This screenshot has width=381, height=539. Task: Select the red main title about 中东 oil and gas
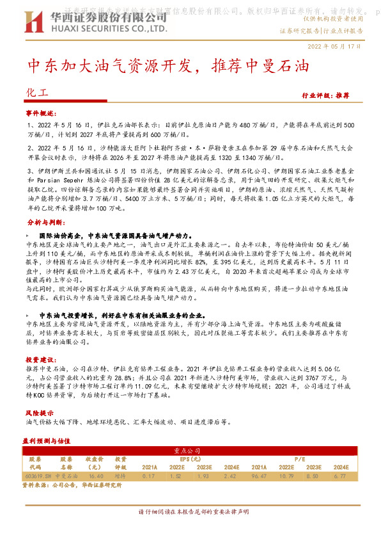tap(168, 66)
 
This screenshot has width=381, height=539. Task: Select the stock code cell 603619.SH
tap(38, 476)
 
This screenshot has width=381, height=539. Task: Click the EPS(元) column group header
tap(190, 458)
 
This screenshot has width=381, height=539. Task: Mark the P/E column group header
tap(299, 458)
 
